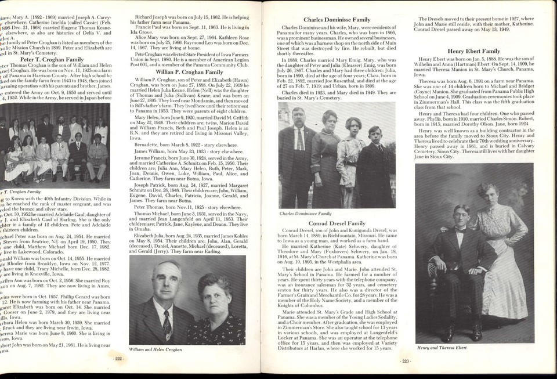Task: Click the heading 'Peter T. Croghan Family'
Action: click(52, 59)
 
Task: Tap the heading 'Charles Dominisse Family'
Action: click(337, 20)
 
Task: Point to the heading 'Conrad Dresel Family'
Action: click(337, 223)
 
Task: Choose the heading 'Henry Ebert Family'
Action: click(475, 51)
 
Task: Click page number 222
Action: click(118, 359)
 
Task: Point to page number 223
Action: click(405, 361)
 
